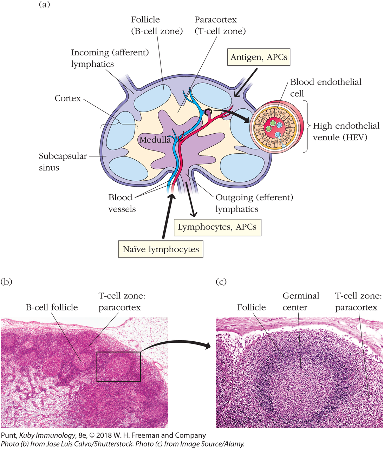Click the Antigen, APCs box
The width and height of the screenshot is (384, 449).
tap(259, 57)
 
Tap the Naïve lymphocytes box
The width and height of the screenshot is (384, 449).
tap(161, 249)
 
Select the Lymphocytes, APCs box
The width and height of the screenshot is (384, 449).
tap(217, 227)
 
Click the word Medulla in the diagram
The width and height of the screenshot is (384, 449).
tap(155, 140)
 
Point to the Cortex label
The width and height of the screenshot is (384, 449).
tap(68, 99)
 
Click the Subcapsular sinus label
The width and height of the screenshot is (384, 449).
tap(63, 162)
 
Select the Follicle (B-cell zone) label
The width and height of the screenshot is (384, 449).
tap(157, 25)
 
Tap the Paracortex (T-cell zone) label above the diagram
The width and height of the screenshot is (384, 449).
tap(220, 25)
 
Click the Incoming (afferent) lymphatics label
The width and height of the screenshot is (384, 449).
tap(110, 58)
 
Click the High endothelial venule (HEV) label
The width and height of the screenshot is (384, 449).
tap(346, 132)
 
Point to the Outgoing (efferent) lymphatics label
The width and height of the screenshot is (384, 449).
tap(254, 203)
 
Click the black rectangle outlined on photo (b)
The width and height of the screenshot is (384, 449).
tap(118, 367)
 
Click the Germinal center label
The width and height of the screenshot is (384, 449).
tap(301, 301)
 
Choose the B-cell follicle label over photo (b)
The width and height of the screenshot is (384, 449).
tap(52, 307)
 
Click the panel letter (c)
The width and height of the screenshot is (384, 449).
tap(221, 282)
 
